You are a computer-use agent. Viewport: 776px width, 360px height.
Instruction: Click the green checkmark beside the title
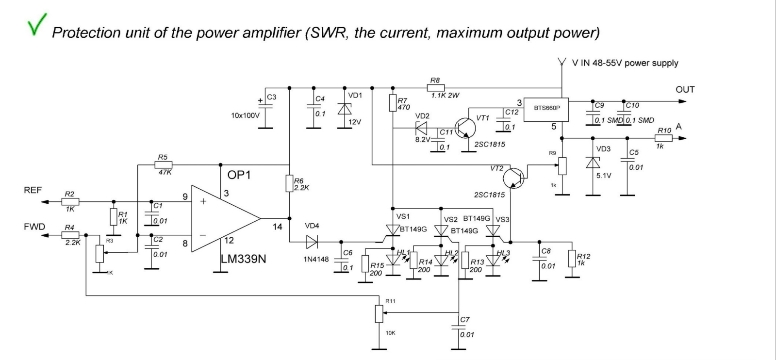click(36, 24)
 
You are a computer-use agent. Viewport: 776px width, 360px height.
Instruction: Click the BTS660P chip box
click(546, 110)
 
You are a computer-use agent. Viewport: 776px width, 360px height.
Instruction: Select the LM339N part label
click(244, 259)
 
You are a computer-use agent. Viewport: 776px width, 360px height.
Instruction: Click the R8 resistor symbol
click(435, 88)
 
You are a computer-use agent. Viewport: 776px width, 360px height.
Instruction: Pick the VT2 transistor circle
click(513, 178)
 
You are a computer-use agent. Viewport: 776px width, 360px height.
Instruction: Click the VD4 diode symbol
click(312, 242)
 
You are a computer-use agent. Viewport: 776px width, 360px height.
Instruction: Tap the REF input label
click(33, 190)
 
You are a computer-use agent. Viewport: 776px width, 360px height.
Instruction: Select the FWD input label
click(34, 227)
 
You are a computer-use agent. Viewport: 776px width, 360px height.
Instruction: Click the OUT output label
click(685, 89)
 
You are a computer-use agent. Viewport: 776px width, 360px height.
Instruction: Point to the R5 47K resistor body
click(163, 165)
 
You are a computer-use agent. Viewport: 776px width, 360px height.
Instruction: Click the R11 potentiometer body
click(379, 314)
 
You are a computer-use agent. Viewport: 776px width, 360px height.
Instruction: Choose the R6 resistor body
click(289, 183)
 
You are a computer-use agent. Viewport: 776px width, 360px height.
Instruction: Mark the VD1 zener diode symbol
click(345, 109)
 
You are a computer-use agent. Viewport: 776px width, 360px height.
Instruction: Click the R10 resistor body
click(663, 138)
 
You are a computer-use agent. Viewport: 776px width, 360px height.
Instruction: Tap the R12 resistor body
click(572, 259)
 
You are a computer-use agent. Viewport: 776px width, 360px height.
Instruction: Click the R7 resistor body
click(393, 103)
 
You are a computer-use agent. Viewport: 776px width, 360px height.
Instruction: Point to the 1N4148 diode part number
click(316, 259)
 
